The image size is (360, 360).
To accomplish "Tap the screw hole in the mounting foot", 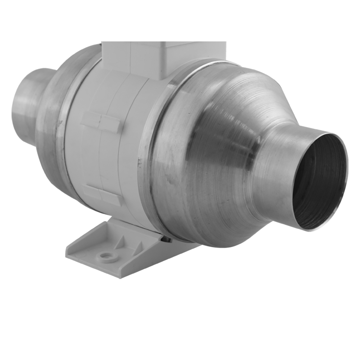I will (x=107, y=257).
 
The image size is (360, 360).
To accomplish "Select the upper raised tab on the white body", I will (x=100, y=122).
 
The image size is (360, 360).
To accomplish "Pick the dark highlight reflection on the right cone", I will (x=248, y=151).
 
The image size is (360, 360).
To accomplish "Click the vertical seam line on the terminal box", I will (x=131, y=58).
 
